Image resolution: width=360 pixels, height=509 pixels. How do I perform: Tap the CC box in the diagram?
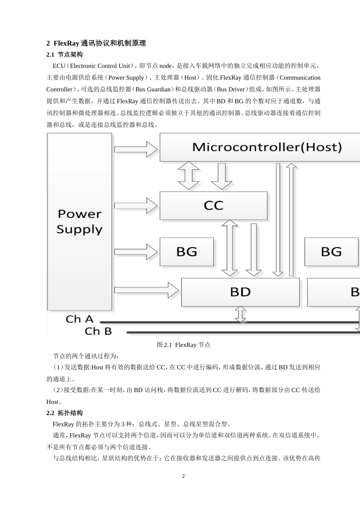(213, 206)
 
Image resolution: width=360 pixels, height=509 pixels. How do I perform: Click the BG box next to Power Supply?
(186, 252)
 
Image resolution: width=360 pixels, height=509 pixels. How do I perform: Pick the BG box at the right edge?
(331, 252)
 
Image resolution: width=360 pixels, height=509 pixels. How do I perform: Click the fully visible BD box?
(240, 292)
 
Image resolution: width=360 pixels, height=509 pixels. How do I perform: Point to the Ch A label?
(79, 319)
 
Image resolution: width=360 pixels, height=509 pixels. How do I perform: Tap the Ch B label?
(98, 331)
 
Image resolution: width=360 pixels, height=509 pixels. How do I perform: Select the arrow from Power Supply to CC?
(136, 206)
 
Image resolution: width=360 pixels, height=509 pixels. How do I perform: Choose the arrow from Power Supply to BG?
(136, 251)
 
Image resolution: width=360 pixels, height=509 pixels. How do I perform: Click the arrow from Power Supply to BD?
(146, 290)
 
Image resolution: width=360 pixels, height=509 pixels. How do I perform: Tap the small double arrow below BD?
(240, 314)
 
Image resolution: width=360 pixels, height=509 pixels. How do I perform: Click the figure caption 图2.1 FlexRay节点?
(183, 345)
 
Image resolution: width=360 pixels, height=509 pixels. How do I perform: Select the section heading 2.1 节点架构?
(64, 55)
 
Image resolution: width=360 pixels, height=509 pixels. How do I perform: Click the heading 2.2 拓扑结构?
(64, 413)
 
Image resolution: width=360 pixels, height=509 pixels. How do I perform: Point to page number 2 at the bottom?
(183, 476)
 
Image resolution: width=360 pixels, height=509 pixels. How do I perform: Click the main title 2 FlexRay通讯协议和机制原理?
(96, 43)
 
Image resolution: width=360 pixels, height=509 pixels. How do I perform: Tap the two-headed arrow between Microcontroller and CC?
(189, 176)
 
